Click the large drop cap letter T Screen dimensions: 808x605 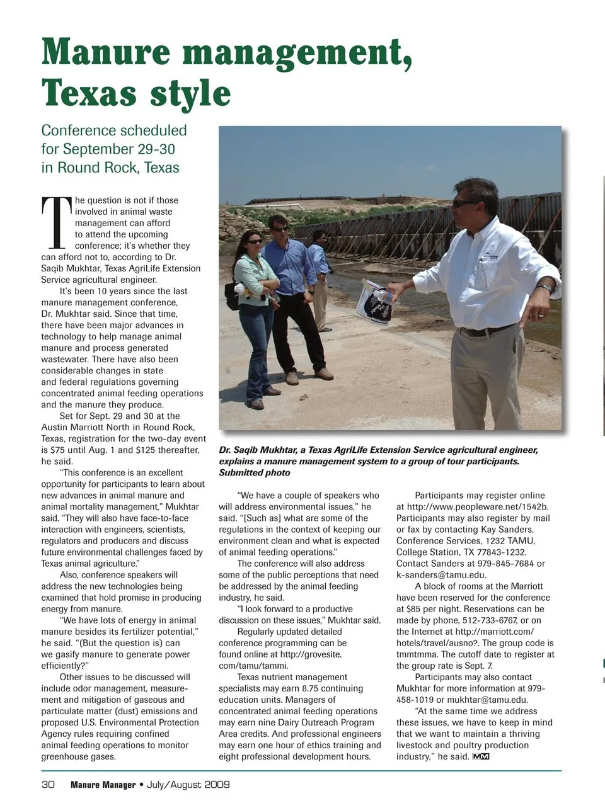pyautogui.click(x=57, y=222)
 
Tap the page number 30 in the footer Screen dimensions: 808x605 pyautogui.click(x=49, y=785)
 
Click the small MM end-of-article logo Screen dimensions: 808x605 pyautogui.click(x=481, y=756)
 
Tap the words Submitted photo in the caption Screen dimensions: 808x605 pyautogui.click(x=255, y=473)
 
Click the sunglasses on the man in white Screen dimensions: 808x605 pyautogui.click(x=465, y=203)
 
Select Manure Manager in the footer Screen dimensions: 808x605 pyautogui.click(x=103, y=785)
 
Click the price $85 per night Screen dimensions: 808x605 pyautogui.click(x=441, y=609)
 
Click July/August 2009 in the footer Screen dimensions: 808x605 pyautogui.click(x=188, y=785)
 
